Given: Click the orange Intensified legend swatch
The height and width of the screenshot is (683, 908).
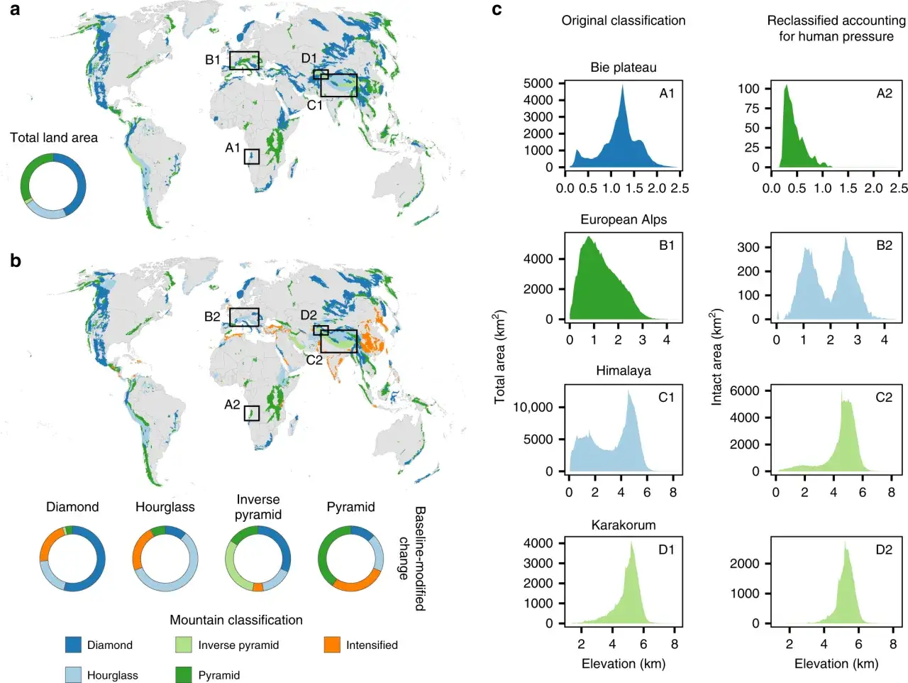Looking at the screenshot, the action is (x=332, y=645).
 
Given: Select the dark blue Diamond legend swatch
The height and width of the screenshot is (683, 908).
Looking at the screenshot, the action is (x=73, y=645).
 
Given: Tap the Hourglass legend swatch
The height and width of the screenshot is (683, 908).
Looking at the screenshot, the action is (x=73, y=674).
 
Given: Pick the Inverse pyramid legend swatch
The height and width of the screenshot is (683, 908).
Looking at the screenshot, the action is (x=183, y=645).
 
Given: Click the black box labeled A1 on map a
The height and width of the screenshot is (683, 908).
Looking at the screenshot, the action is (x=252, y=157).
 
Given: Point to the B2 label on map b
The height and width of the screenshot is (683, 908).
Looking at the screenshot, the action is (x=212, y=317).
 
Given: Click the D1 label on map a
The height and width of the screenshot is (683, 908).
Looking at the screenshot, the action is (x=309, y=58).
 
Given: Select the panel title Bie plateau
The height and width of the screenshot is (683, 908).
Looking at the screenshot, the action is (x=623, y=67).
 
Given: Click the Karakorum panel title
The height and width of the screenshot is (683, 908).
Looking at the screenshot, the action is (x=623, y=525).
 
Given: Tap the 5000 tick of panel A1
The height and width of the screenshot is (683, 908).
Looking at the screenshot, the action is (x=538, y=83).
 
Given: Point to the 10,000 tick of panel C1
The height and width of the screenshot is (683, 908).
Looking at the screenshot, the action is (x=533, y=408).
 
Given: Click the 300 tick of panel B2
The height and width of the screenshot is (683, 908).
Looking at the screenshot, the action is (x=748, y=248).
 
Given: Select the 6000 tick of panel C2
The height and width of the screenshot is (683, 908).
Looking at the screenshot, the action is (x=745, y=390).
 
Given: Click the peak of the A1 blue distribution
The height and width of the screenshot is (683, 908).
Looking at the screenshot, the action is (x=622, y=85).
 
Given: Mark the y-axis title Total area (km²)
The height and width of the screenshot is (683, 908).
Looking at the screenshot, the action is (x=499, y=357).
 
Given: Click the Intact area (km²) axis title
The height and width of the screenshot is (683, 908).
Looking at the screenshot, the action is (x=716, y=357).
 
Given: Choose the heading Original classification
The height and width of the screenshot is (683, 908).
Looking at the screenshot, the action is (x=623, y=21).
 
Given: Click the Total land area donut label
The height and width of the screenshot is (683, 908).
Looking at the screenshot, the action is (x=54, y=138).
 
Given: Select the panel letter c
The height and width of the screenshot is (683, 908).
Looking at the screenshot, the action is (x=497, y=10).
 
